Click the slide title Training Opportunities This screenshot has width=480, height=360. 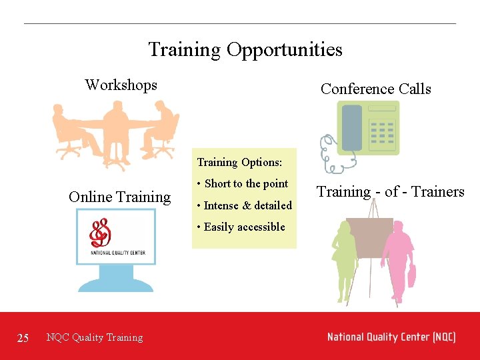click(x=245, y=49)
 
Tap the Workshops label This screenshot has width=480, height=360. click(x=121, y=85)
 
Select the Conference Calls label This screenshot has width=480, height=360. click(x=375, y=89)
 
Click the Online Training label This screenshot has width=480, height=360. click(x=119, y=197)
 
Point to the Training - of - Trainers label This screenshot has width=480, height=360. click(x=390, y=191)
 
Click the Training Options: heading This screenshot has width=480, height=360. click(x=239, y=162)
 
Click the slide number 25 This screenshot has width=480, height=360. click(x=23, y=338)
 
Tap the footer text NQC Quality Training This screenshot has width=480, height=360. click(x=95, y=337)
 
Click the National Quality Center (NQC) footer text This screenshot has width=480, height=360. click(x=391, y=337)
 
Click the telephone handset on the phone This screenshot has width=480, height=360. click(x=351, y=127)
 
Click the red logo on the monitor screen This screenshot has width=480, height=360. click(x=101, y=233)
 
